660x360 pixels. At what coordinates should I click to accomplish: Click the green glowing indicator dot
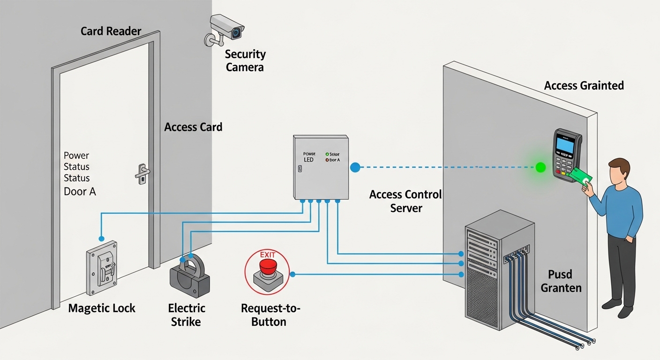[540, 167]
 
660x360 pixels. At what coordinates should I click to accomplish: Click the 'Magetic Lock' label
[102, 308]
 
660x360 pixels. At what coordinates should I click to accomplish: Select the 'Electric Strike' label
[187, 315]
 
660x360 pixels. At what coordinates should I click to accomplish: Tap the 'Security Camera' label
[245, 60]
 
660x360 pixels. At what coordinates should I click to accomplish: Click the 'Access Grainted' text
[584, 85]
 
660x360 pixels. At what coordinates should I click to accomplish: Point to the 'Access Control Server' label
[406, 201]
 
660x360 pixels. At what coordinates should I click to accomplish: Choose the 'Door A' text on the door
[80, 191]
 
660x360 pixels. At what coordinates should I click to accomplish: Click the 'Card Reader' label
[111, 31]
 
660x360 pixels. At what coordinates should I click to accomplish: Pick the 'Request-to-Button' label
[270, 315]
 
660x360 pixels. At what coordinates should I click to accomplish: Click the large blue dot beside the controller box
[355, 167]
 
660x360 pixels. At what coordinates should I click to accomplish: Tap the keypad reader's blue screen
[565, 145]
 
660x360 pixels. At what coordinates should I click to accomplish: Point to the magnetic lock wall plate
[101, 268]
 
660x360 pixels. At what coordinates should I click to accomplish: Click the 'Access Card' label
[193, 127]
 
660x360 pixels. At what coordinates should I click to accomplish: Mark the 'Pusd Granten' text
[561, 281]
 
